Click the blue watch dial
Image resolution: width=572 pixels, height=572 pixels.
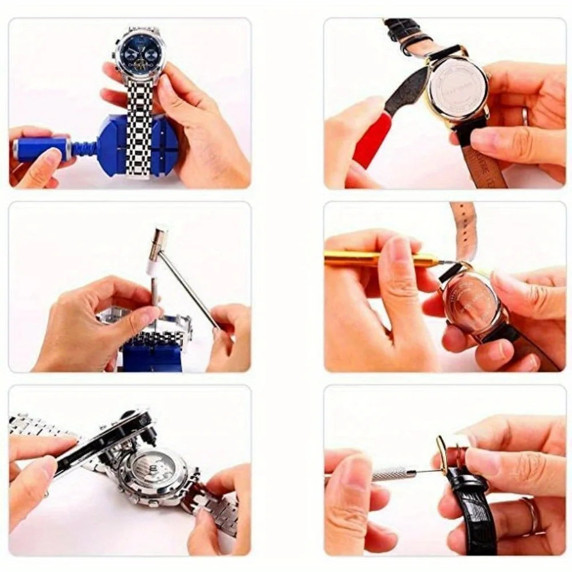click(x=140, y=55)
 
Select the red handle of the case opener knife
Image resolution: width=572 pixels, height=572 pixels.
click(x=372, y=140)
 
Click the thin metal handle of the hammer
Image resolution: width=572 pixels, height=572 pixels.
click(x=189, y=289)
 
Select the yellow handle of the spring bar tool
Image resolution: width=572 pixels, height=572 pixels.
click(x=366, y=259)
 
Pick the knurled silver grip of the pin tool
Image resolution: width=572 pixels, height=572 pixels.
click(x=392, y=473)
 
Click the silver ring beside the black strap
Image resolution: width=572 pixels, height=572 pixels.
click(x=533, y=515)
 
